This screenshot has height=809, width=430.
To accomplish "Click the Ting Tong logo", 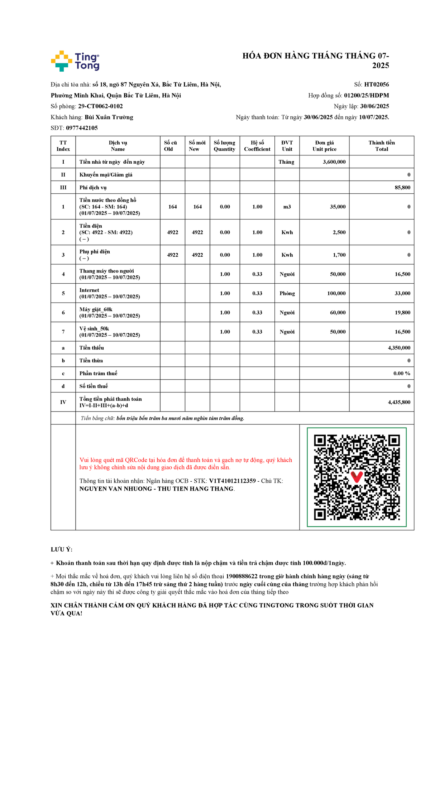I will pyautogui.click(x=75, y=61).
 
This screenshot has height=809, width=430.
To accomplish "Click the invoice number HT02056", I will pyautogui.click(x=376, y=85).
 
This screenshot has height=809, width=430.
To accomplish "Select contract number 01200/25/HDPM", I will pyautogui.click(x=366, y=95).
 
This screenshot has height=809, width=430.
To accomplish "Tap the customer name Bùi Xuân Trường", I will pyautogui.click(x=109, y=117).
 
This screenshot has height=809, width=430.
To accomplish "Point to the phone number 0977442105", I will pyautogui.click(x=82, y=128).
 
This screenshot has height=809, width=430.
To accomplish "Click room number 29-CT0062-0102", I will pyautogui.click(x=100, y=106).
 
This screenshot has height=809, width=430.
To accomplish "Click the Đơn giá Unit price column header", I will pyautogui.click(x=324, y=146).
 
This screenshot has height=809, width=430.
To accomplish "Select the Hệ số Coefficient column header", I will pyautogui.click(x=257, y=146).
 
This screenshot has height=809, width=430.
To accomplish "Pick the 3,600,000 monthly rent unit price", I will pyautogui.click(x=334, y=162).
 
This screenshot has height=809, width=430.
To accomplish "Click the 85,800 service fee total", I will pyautogui.click(x=402, y=188).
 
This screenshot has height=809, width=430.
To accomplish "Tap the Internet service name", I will pyautogui.click(x=89, y=290).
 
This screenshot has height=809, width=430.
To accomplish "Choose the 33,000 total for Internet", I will pyautogui.click(x=402, y=293).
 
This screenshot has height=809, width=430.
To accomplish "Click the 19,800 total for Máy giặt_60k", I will pyautogui.click(x=402, y=313).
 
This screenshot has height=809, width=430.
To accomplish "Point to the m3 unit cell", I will pyautogui.click(x=287, y=207).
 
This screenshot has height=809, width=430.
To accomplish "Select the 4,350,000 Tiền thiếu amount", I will pyautogui.click(x=399, y=348).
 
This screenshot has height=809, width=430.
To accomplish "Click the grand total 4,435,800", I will pyautogui.click(x=399, y=402).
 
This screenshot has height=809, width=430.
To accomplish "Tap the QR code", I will pyautogui.click(x=357, y=477).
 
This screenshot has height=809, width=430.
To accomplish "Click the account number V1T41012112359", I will pyautogui.click(x=232, y=481).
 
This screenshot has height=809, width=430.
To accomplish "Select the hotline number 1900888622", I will pyautogui.click(x=242, y=576).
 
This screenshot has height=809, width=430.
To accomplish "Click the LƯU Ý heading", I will pyautogui.click(x=61, y=549).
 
